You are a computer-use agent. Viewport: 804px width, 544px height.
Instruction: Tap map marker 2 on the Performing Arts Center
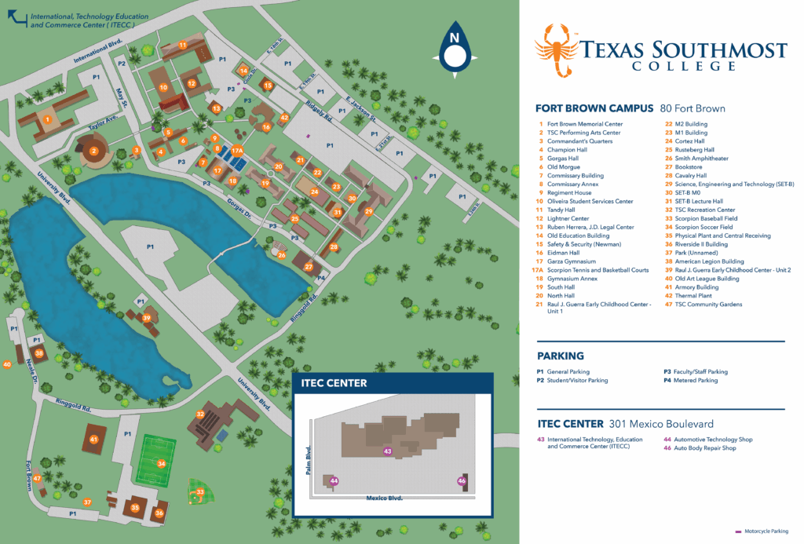[93, 151]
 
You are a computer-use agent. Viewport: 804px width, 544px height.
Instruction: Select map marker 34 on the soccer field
[162, 463]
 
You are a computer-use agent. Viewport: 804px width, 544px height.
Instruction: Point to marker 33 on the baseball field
[200, 492]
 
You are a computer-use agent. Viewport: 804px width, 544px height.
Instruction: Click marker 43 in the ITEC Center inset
[387, 451]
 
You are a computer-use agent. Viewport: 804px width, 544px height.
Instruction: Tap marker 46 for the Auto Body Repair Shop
[462, 480]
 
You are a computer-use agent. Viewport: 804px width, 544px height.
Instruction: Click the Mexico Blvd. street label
[383, 498]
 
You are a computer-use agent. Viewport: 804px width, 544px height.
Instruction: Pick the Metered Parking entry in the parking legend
[696, 381]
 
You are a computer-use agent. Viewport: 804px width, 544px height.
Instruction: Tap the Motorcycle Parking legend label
[766, 531]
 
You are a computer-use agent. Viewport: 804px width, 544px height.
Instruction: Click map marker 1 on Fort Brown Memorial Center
[47, 119]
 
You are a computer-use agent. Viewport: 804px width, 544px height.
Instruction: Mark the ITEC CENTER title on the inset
[334, 383]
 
